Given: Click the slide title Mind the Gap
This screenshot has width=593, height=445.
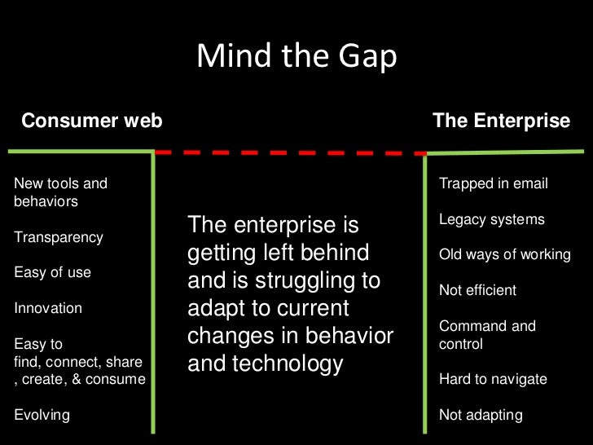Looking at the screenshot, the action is point(296,56).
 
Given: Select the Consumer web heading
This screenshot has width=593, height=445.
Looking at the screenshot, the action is point(91,121).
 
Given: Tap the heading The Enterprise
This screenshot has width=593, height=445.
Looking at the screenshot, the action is point(501,121).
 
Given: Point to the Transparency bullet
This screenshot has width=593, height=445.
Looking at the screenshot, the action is point(59,237).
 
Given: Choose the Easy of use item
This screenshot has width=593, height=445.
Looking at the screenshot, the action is point(52,273).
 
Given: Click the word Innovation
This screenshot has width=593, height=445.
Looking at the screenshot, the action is point(48,308).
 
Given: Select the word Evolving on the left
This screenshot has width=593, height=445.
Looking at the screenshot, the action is point(42,415).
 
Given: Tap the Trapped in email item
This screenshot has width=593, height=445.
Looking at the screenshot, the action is point(493,183).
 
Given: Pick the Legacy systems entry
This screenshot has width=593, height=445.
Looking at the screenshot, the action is point(491,219).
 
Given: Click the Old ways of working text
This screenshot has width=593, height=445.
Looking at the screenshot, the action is point(504,254).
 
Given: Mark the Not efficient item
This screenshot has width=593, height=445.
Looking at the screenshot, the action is point(477,290).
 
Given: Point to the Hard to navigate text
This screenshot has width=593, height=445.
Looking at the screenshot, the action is point(493,379).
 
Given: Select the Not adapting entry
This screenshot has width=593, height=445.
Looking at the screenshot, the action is point(480,415).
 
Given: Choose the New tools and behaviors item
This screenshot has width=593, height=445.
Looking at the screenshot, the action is point(60,192).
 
